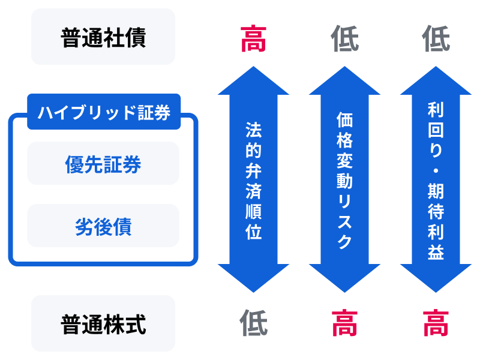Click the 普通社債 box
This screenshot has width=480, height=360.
(103, 37)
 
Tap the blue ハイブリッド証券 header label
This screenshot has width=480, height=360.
(104, 112)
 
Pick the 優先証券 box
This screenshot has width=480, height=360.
(103, 163)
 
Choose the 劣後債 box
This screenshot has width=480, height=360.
(103, 226)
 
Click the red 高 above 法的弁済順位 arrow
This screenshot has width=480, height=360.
(254, 39)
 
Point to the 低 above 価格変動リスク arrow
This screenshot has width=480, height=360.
(345, 39)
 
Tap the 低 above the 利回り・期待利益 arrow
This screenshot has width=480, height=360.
(436, 39)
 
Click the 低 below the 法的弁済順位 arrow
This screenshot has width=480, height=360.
(254, 323)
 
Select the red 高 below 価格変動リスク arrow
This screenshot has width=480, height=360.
(345, 323)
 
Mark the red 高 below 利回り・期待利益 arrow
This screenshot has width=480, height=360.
(436, 323)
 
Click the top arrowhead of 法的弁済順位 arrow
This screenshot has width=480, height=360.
(254, 81)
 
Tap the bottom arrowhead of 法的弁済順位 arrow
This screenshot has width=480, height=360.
(254, 277)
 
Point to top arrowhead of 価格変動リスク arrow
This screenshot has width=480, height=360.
(345, 81)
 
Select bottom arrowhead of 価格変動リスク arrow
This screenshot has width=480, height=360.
(345, 277)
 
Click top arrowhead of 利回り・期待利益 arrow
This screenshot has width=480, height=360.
(436, 81)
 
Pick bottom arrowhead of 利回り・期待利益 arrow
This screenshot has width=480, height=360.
(436, 277)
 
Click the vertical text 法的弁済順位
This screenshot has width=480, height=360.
(254, 180)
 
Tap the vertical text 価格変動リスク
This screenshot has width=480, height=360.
(345, 180)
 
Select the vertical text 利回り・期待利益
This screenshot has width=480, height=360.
(436, 180)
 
